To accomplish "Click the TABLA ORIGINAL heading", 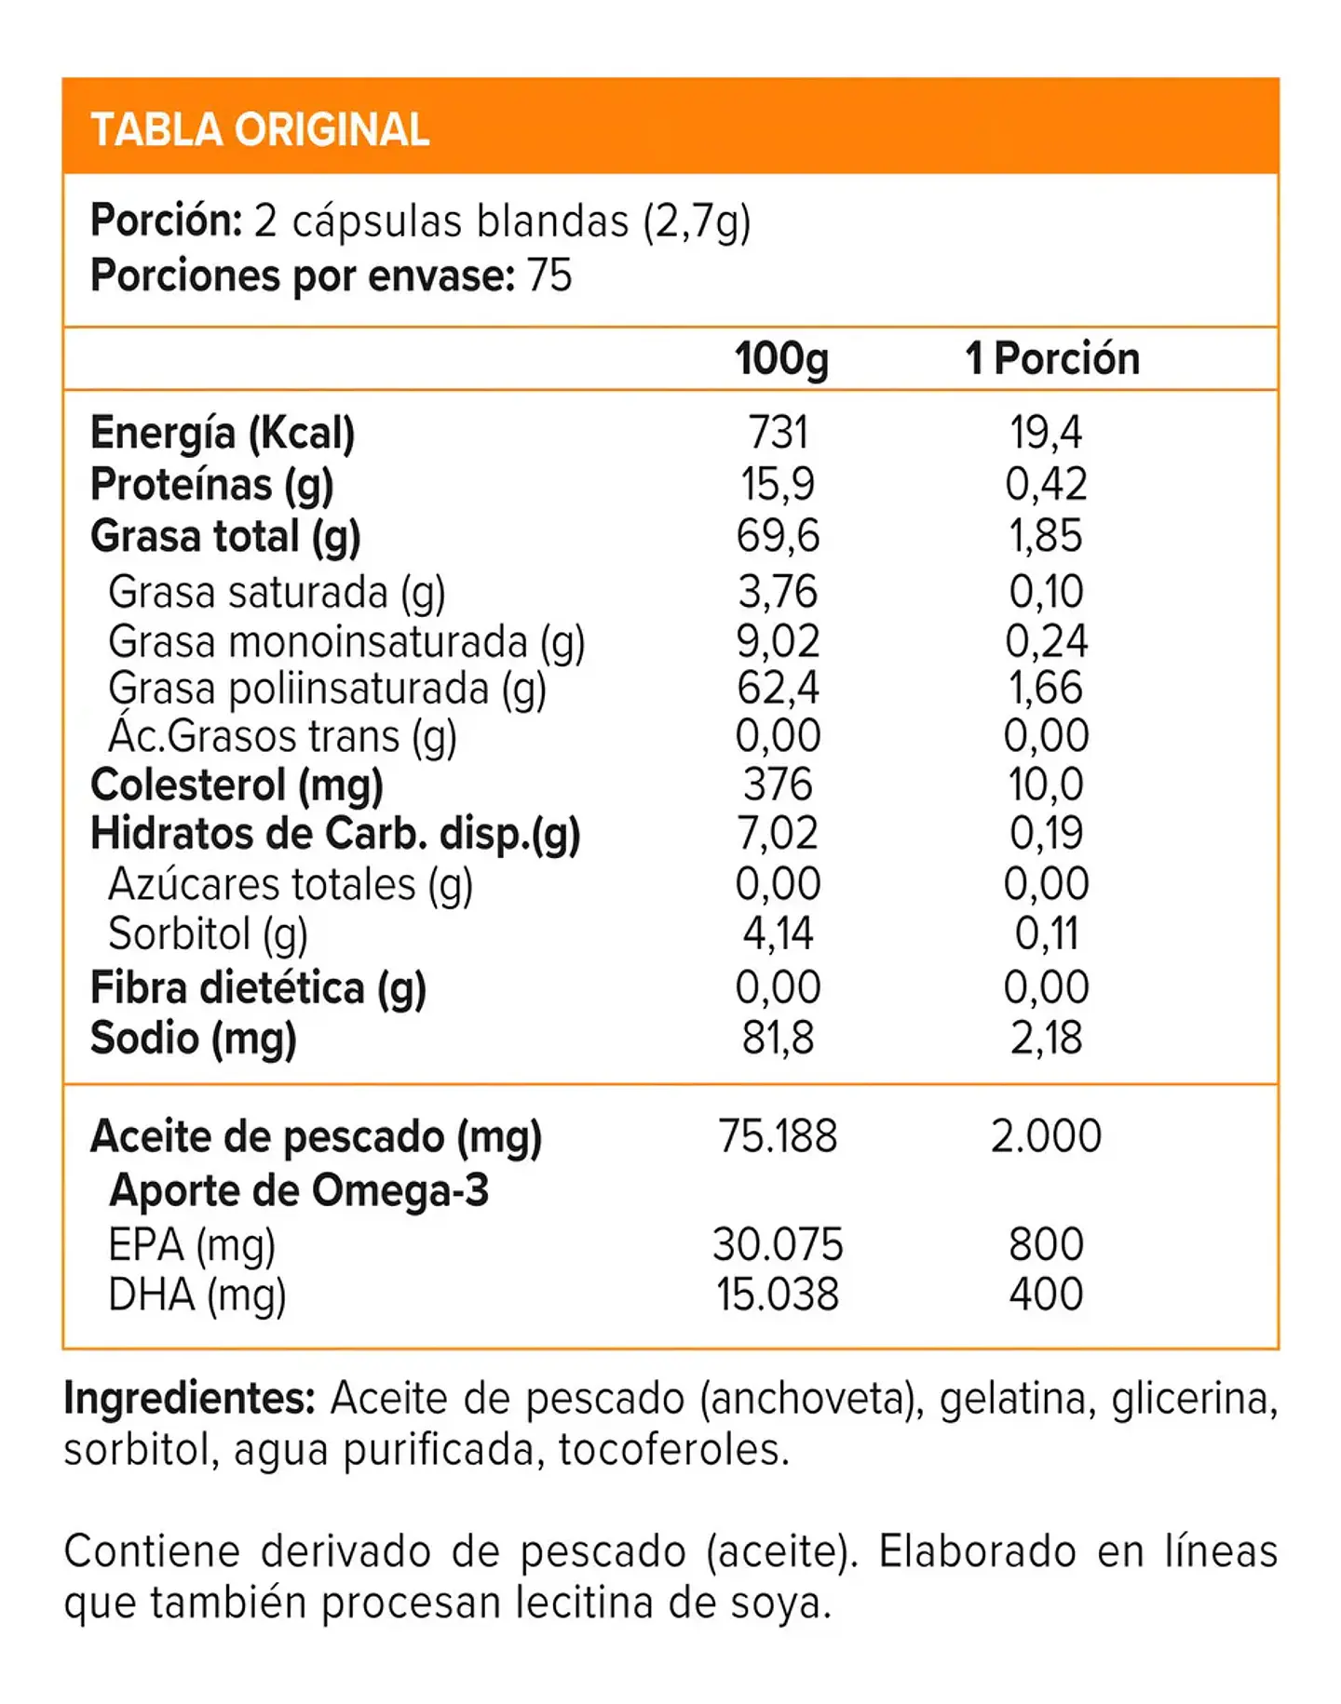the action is coord(260,129).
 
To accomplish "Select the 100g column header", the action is coord(780,359).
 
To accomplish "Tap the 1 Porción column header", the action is coord(1052,358).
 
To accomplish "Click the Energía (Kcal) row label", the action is coord(223,434).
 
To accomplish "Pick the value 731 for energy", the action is coord(778,433).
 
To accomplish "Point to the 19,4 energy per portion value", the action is coord(1046,433).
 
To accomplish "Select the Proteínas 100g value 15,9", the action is coord(777,484).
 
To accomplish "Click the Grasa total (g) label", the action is coord(225,537).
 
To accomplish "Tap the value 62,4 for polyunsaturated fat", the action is coord(778,688).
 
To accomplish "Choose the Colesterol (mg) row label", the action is coord(237,785).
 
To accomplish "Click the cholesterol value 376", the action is coord(778,785).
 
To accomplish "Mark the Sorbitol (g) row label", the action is coord(208,934).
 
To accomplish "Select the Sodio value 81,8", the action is coord(778,1038).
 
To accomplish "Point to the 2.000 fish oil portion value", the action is coord(1046,1135).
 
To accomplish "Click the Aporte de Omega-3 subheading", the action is coord(298,1190).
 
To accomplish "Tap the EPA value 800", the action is coord(1046,1244).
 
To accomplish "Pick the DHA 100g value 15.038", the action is coord(778,1295).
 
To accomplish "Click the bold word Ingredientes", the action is coord(189,1399).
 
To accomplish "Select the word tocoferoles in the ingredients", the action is coord(673,1449).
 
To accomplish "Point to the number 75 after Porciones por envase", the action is coord(549,275).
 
